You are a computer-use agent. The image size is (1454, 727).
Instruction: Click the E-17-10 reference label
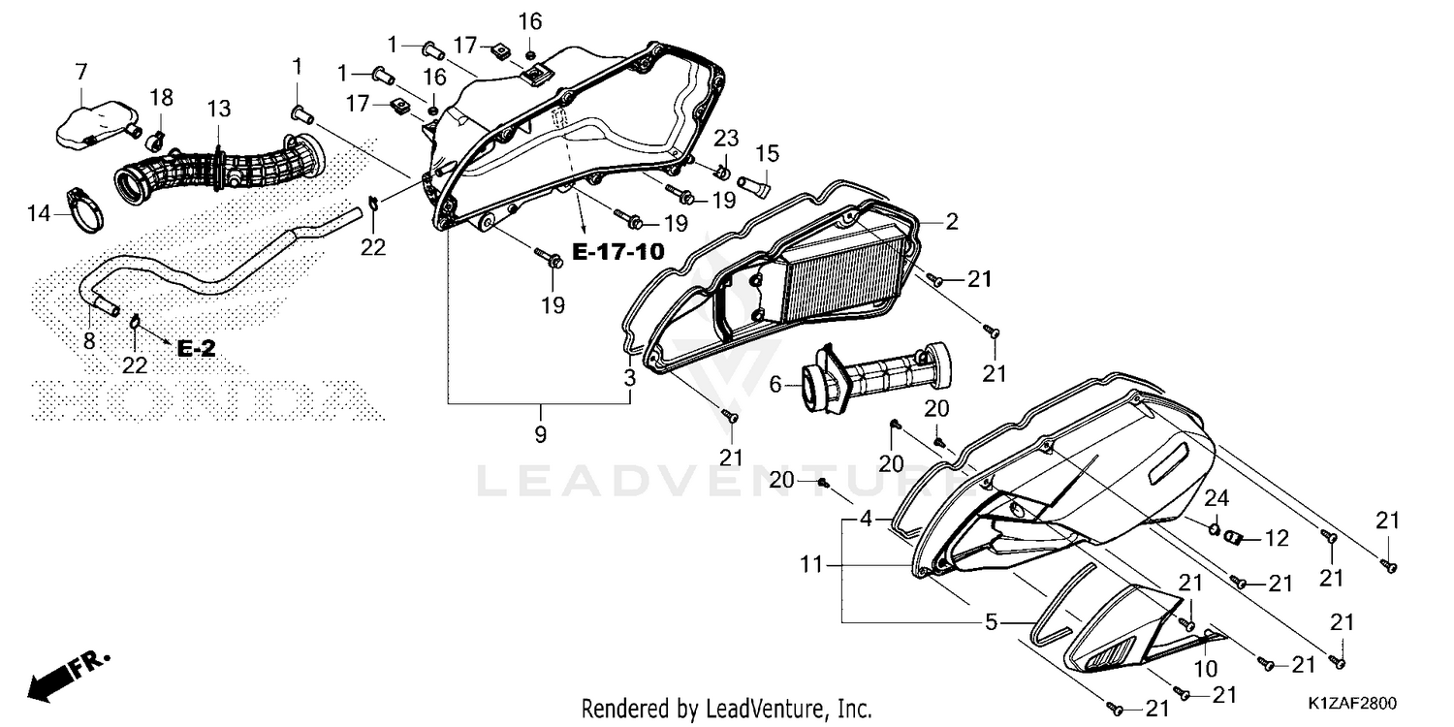pyautogui.click(x=618, y=252)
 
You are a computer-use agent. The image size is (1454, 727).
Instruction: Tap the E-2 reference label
pyautogui.click(x=196, y=349)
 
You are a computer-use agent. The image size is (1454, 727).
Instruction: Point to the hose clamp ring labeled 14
pyautogui.click(x=85, y=210)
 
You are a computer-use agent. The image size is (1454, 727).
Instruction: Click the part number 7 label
pyautogui.click(x=81, y=72)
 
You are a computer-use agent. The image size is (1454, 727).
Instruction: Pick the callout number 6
pyautogui.click(x=775, y=384)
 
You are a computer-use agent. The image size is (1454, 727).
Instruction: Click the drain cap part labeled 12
pyautogui.click(x=1233, y=537)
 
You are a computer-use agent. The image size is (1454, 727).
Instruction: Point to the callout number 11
pyautogui.click(x=810, y=565)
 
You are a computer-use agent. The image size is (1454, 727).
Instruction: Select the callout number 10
pyautogui.click(x=1206, y=669)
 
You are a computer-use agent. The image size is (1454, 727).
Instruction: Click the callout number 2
pyautogui.click(x=952, y=222)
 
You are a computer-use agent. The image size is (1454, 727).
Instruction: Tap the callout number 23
pyautogui.click(x=726, y=138)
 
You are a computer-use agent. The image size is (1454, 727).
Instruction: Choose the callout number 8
pyautogui.click(x=89, y=341)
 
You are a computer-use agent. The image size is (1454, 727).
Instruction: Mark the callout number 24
pyautogui.click(x=1217, y=498)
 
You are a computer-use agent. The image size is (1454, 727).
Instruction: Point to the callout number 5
pyautogui.click(x=991, y=622)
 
